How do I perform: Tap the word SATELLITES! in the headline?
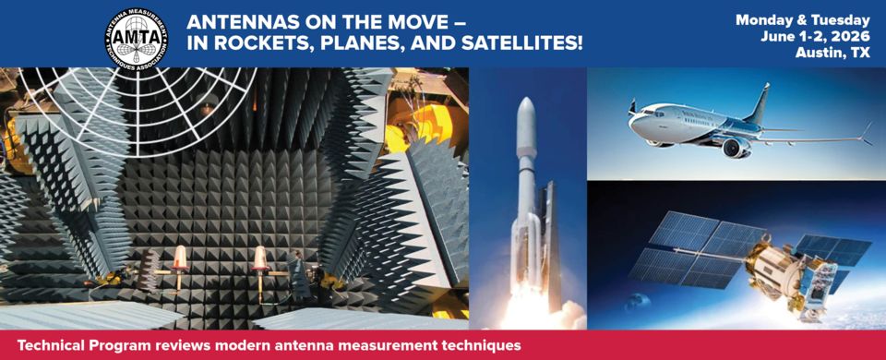[x=522, y=43]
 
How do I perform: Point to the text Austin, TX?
[x=832, y=54]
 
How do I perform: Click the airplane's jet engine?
[x=736, y=147]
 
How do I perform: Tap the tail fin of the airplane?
[x=759, y=103]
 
